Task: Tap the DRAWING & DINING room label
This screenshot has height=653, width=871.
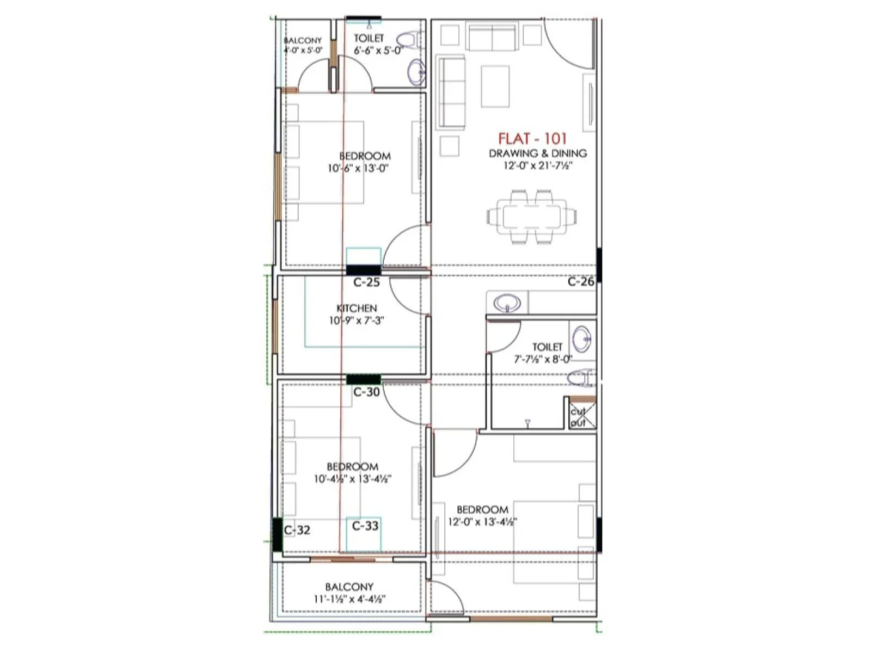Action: point(538,153)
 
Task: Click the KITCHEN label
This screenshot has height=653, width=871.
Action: point(357,308)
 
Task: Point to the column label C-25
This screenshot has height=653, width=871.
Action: point(366,282)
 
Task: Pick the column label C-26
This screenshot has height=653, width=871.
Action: point(581,281)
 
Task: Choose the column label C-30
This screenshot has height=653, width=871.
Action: point(366,392)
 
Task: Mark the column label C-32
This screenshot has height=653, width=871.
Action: point(297,530)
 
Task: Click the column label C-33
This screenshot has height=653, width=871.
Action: point(365,526)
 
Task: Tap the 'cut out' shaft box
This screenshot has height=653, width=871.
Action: point(579,416)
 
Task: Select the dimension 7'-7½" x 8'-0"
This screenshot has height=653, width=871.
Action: point(543,359)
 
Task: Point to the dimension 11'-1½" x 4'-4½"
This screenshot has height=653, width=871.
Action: point(349,599)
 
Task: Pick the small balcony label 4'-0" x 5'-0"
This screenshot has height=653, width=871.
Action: point(303,50)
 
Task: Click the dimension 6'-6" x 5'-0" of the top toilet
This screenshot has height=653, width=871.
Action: point(378,50)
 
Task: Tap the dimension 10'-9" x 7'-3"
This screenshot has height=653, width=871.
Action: point(357,321)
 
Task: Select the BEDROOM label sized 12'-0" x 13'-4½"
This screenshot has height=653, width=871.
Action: point(482,509)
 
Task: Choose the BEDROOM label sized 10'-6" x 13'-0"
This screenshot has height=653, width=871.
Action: point(365,156)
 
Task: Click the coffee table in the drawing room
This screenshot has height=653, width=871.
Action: point(495,87)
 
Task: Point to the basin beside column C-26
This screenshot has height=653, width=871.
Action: point(507,303)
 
